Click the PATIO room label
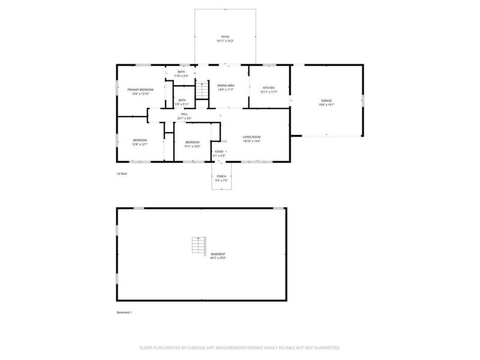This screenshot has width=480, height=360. (x=225, y=37)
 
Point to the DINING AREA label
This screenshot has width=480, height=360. (x=226, y=86)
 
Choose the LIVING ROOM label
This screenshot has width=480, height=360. (x=251, y=137)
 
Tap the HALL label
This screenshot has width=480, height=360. (x=184, y=113)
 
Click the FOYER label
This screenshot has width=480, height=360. (x=219, y=151)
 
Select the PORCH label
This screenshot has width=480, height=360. (x=221, y=176)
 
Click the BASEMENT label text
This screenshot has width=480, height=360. (x=218, y=254)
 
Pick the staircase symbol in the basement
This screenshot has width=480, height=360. (x=198, y=245)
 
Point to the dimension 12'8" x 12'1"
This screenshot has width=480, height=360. (x=140, y=145)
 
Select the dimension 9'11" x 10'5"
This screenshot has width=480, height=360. (x=193, y=146)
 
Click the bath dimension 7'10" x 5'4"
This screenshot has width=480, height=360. (x=181, y=76)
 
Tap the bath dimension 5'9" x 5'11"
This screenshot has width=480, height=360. (x=181, y=104)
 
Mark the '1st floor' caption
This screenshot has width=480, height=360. (x=122, y=173)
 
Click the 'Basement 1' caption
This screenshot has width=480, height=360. (x=124, y=313)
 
